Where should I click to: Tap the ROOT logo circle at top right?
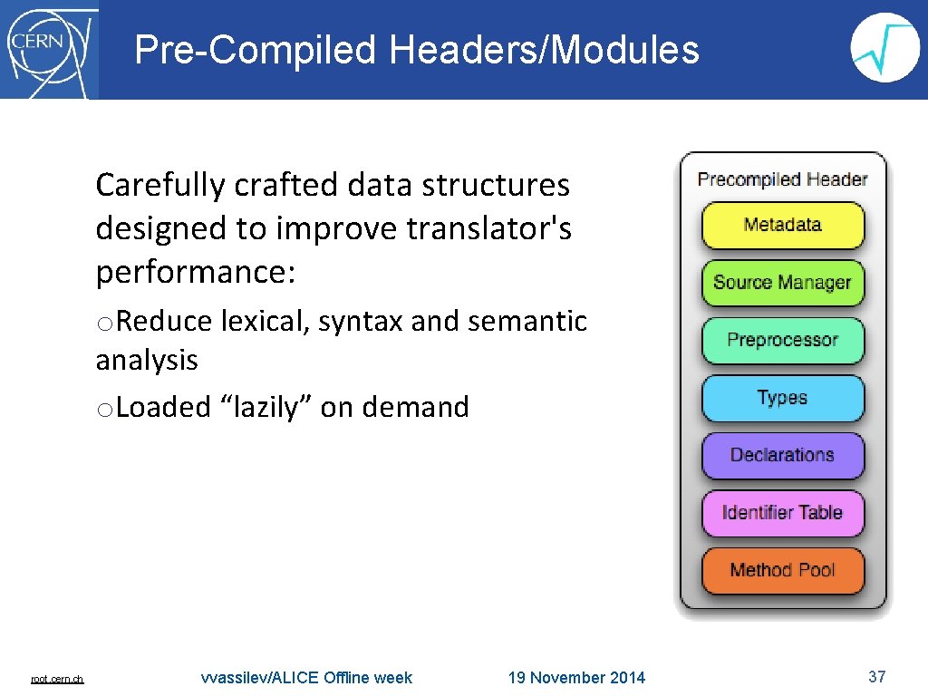coord(885,48)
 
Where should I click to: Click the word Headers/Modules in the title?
coord(545,50)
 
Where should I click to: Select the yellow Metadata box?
coord(782,225)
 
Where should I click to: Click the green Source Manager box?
coord(782,283)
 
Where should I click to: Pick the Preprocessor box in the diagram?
coord(782,340)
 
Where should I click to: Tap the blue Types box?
coord(782,398)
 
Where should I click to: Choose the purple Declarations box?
coord(782,455)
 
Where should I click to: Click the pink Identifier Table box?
coord(782,513)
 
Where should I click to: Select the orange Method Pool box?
coord(782,570)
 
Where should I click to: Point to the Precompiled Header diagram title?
coord(782,179)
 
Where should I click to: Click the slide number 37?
coord(876,677)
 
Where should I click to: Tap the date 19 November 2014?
coord(576,678)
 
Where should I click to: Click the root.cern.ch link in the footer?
coord(57,679)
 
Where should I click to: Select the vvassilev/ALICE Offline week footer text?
coord(306,678)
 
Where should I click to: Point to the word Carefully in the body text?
coord(160,185)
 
